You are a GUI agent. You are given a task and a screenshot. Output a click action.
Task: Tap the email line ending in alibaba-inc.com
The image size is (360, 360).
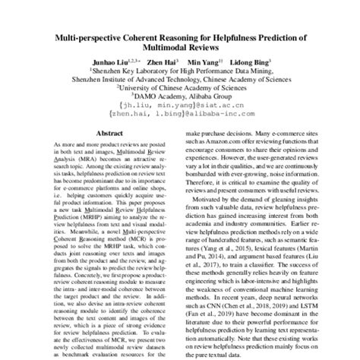[x=179, y=116]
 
